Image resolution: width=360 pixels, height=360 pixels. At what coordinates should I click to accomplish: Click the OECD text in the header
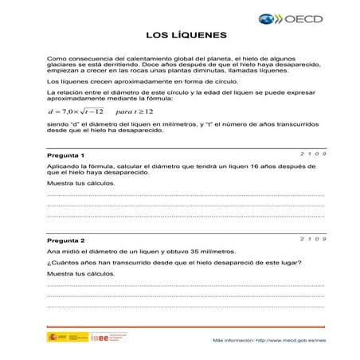[305, 17]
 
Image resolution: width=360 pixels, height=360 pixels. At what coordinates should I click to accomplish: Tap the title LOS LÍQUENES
[187, 36]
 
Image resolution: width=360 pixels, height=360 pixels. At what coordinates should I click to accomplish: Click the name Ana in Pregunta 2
[53, 252]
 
